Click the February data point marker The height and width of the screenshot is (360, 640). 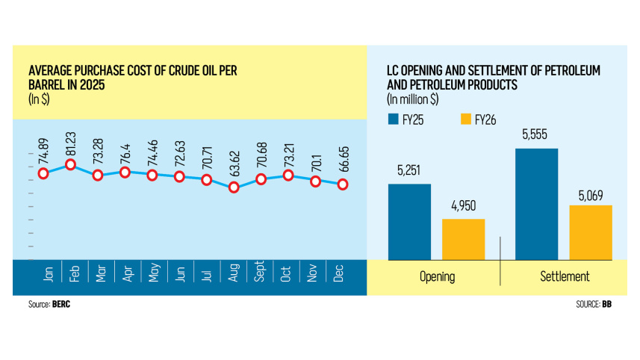click(71, 164)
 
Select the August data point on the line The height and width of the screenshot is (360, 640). click(234, 187)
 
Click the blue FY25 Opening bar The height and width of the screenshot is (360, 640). click(409, 221)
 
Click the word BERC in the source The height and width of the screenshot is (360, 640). click(62, 305)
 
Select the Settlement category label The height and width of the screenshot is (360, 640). click(565, 276)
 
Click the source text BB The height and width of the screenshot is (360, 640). click(607, 305)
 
